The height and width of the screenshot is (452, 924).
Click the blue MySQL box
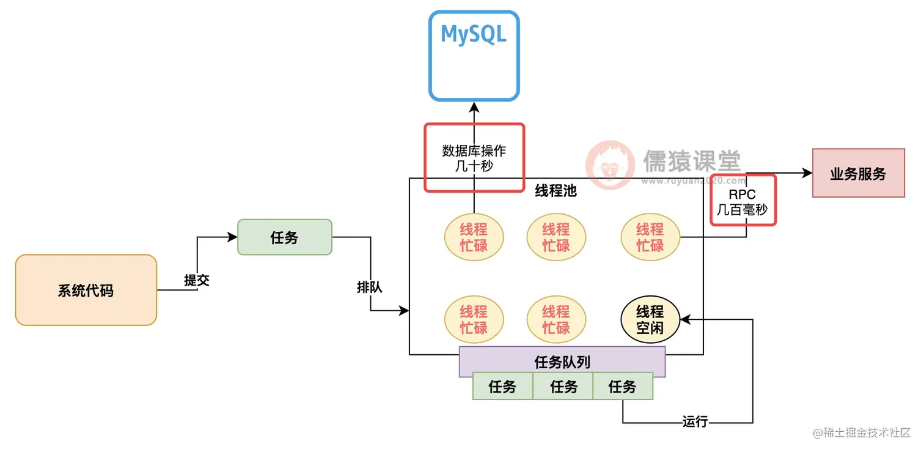(x=474, y=55)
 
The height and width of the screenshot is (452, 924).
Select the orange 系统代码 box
(x=86, y=290)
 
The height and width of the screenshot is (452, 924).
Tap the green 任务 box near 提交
(x=284, y=237)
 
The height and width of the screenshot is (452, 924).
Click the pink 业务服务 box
(x=858, y=172)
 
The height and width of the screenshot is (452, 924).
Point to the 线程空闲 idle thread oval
(x=650, y=319)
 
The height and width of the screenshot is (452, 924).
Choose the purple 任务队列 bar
(x=562, y=362)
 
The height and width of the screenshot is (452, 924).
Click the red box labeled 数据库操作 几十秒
(x=474, y=158)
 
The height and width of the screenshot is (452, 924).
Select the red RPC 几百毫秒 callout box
(x=743, y=201)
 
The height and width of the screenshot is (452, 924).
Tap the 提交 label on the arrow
(x=197, y=280)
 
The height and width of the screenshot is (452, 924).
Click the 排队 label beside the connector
(x=369, y=286)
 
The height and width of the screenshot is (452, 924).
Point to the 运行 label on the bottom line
(x=695, y=421)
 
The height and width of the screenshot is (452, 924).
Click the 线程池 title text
(x=555, y=190)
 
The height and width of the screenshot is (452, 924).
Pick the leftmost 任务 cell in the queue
(x=502, y=387)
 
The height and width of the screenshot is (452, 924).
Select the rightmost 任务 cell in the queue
(x=623, y=387)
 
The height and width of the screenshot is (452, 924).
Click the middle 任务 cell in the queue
(x=563, y=387)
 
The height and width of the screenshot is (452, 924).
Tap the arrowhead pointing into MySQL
(x=474, y=107)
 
